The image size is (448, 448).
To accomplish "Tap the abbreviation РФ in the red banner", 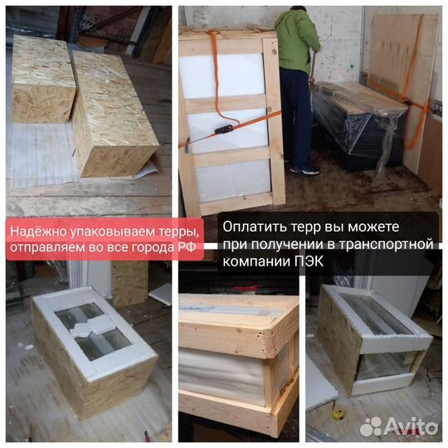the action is (x=187, y=247).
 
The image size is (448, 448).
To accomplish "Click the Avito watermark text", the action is (x=411, y=426).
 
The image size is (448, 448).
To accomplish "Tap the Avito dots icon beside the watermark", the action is (x=372, y=426).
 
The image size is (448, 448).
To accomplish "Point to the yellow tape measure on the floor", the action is (x=338, y=414).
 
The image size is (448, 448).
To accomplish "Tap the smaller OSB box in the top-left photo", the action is (x=42, y=80).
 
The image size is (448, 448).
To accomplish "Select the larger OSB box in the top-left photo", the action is (x=114, y=114).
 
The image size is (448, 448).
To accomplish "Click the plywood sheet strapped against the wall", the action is (x=403, y=80).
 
